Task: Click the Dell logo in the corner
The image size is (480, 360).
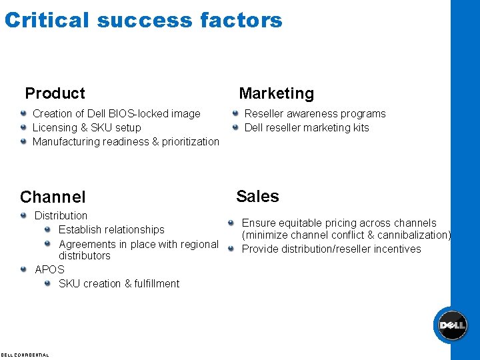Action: pyautogui.click(x=451, y=325)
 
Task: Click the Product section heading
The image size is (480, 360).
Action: pyautogui.click(x=55, y=93)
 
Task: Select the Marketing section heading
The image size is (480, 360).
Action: pyautogui.click(x=276, y=93)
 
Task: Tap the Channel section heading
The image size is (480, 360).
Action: pyautogui.click(x=53, y=197)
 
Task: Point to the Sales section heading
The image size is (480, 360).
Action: pyautogui.click(x=257, y=196)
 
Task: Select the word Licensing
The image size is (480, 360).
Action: pyautogui.click(x=54, y=127)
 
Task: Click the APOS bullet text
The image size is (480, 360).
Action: pyautogui.click(x=49, y=269)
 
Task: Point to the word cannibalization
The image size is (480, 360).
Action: pyautogui.click(x=413, y=235)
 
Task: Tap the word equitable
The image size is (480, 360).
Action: pyautogui.click(x=305, y=223)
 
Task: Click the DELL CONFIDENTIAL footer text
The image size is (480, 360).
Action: pyautogui.click(x=25, y=355)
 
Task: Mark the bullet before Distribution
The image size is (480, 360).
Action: pyautogui.click(x=23, y=215)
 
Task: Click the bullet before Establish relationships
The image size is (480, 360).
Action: pyautogui.click(x=47, y=229)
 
